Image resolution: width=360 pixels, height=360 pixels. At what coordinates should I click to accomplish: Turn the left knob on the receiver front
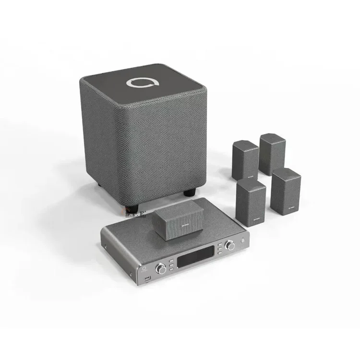[x=162, y=269]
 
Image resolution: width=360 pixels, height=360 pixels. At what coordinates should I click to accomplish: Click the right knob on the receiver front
[x=231, y=246]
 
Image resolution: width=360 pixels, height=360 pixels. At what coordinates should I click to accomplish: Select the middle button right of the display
[x=219, y=248]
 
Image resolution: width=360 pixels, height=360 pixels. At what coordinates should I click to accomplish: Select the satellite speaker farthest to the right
[x=286, y=190]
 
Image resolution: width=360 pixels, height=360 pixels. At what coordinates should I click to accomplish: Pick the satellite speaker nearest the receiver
[x=251, y=203]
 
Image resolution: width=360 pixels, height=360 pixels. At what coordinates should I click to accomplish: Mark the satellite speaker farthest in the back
[x=272, y=153]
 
